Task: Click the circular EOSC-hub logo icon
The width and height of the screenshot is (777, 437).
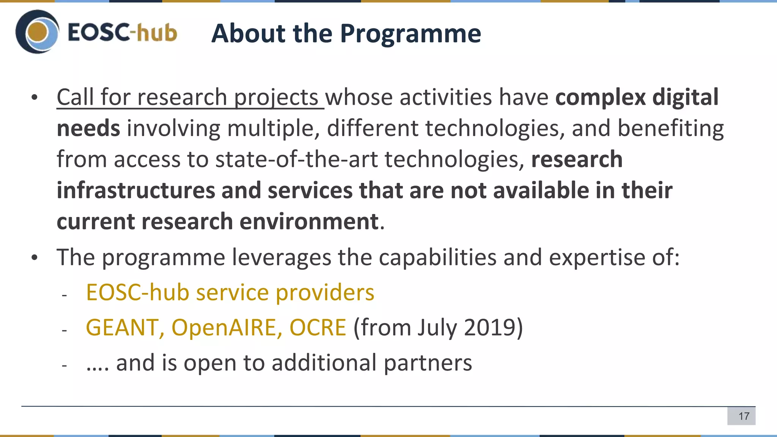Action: tap(37, 32)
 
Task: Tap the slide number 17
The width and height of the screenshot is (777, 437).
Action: tap(744, 416)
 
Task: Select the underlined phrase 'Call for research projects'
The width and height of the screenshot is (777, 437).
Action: tap(187, 97)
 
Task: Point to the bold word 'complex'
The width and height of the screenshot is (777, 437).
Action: tap(600, 97)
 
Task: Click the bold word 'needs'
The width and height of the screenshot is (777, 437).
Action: tap(88, 128)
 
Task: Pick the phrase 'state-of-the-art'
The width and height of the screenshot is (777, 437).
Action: tap(296, 159)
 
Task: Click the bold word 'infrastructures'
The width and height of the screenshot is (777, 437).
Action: tap(136, 190)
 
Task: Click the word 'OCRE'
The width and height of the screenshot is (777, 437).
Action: tap(318, 327)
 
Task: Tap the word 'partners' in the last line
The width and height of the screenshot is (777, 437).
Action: tap(428, 363)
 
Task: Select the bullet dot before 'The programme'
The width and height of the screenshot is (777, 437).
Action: tap(35, 258)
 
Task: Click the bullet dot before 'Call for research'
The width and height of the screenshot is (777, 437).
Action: tap(35, 98)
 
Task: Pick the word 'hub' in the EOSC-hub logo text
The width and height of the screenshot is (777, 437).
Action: tap(156, 33)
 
